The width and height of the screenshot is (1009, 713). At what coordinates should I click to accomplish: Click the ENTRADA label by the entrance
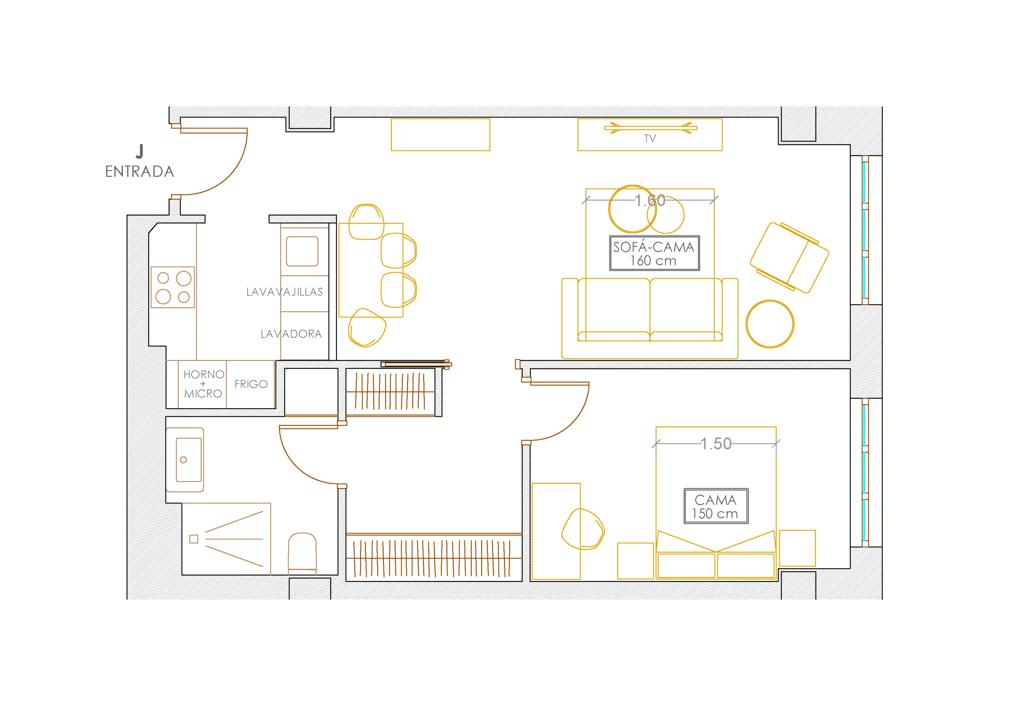pos(140,171)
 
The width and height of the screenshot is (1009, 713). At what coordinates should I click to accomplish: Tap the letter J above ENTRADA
pos(140,151)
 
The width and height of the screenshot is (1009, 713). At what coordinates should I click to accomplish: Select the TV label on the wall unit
pos(650,139)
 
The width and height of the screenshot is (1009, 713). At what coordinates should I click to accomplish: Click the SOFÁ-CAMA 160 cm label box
pos(654,253)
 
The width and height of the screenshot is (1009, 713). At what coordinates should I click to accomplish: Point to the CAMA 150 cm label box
pos(716,506)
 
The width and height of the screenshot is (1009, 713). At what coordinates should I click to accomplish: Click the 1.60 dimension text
pos(650,201)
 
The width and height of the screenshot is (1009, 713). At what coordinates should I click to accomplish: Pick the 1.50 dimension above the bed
pos(716,444)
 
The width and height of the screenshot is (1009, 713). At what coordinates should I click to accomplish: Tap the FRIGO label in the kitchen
pos(251,384)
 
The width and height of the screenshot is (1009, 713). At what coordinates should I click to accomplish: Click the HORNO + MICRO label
pos(203,384)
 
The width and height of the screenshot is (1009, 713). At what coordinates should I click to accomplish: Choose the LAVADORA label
pos(291,334)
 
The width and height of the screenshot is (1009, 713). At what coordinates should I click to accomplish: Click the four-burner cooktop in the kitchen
pos(173,287)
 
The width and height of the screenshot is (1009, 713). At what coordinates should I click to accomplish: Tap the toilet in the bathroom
pos(302,553)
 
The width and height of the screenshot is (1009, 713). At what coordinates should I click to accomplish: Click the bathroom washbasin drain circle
pos(184,460)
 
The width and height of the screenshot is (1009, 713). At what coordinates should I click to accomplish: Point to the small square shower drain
pos(194,539)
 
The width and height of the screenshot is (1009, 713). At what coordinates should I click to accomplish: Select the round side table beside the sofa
pos(770,324)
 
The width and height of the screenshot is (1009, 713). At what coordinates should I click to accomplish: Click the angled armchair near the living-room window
pos(790,258)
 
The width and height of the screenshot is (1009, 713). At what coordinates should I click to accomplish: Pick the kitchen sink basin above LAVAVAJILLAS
pos(302,251)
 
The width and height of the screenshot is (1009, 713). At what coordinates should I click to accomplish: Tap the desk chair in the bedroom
pos(583,529)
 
